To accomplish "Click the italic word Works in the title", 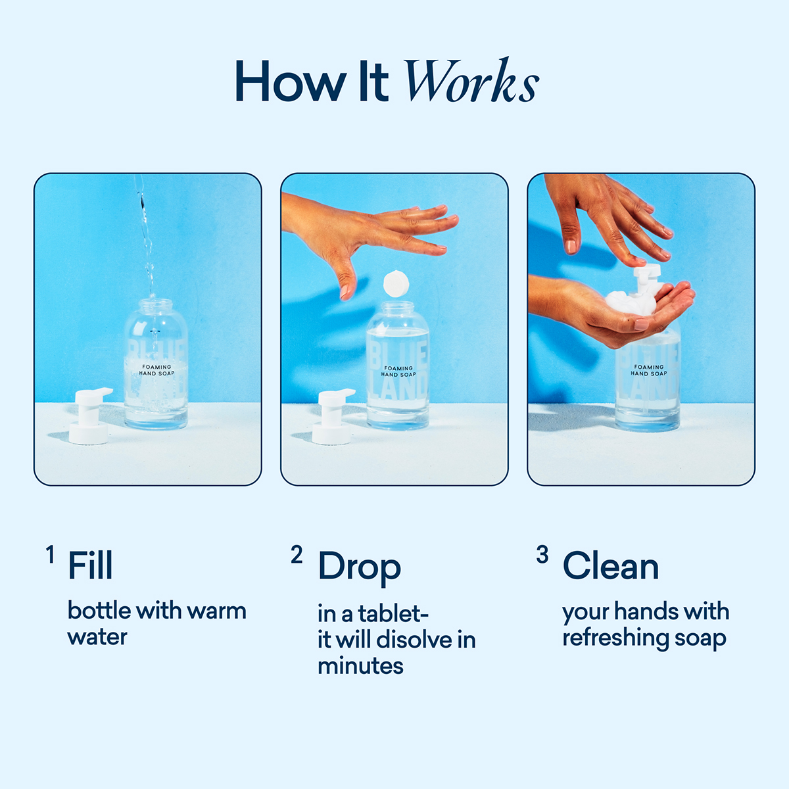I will pyautogui.click(x=471, y=82).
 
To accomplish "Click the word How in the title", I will pyautogui.click(x=290, y=82).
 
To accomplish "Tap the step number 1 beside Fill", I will pyautogui.click(x=50, y=555).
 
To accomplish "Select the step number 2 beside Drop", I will pyautogui.click(x=297, y=555).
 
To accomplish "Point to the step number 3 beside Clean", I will pyautogui.click(x=542, y=555).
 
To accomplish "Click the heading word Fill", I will pyautogui.click(x=90, y=566).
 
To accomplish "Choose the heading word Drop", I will pyautogui.click(x=359, y=567).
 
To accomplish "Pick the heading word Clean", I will pyautogui.click(x=610, y=567).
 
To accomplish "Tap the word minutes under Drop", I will pyautogui.click(x=360, y=666).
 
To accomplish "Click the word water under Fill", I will pyautogui.click(x=97, y=637).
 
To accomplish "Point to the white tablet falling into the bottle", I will pyautogui.click(x=396, y=283).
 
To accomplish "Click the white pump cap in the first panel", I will pyautogui.click(x=91, y=416).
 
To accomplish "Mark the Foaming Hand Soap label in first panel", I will pyautogui.click(x=156, y=370).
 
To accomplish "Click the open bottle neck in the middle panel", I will pyautogui.click(x=398, y=308).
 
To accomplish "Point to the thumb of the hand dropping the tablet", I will pyautogui.click(x=346, y=283).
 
